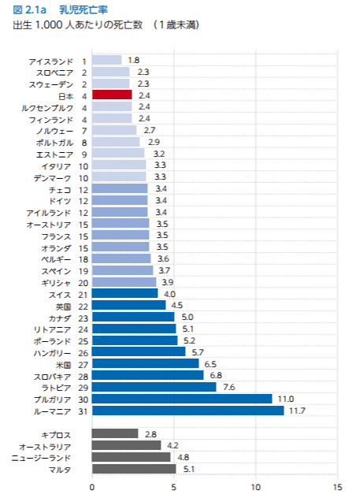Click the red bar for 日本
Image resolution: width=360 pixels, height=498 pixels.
click(112, 95)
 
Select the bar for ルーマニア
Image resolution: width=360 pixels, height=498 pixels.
click(188, 411)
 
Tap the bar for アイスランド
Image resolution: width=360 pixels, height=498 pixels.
click(106, 60)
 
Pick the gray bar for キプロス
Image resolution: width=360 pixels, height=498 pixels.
click(115, 433)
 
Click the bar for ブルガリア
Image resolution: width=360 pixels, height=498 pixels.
click(182, 399)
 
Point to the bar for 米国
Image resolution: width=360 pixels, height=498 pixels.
click(146, 363)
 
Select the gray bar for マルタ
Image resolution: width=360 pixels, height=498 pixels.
click(134, 469)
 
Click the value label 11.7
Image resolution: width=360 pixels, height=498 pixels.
click(297, 411)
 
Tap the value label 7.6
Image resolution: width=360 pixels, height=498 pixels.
click(229, 387)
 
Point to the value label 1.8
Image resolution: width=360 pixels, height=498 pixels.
click(134, 61)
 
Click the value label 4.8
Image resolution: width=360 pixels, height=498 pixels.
click(184, 457)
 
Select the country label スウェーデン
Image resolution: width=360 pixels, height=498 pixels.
click(51, 84)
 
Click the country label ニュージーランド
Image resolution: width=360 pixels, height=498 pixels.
click(41, 458)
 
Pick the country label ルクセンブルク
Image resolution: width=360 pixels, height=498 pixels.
click(47, 108)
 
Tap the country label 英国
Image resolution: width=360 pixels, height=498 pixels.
click(64, 307)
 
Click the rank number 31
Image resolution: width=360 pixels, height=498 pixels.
click(84, 411)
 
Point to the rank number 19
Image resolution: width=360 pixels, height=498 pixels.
click(84, 271)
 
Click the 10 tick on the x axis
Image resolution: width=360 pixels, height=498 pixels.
click(256, 487)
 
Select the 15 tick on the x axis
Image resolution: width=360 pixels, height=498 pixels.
click(338, 487)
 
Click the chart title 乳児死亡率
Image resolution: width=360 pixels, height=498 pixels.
click(84, 9)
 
